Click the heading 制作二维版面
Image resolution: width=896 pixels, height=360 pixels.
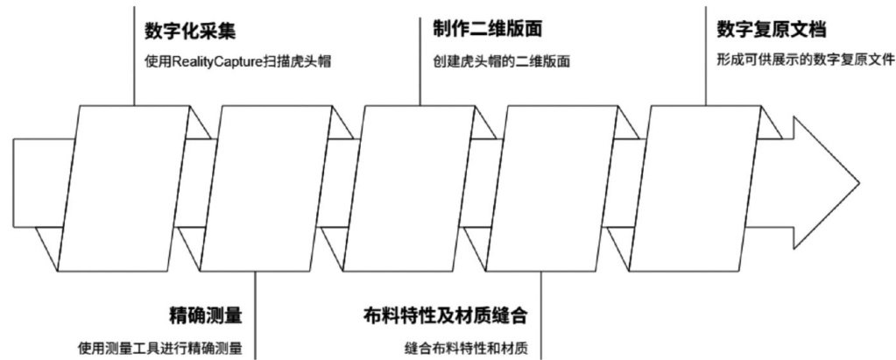coord(487,28)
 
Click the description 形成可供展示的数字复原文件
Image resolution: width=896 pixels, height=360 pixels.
coord(805,60)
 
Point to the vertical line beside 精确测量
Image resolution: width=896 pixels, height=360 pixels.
coord(255,315)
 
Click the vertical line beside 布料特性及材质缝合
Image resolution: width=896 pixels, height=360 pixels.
coord(541,315)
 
